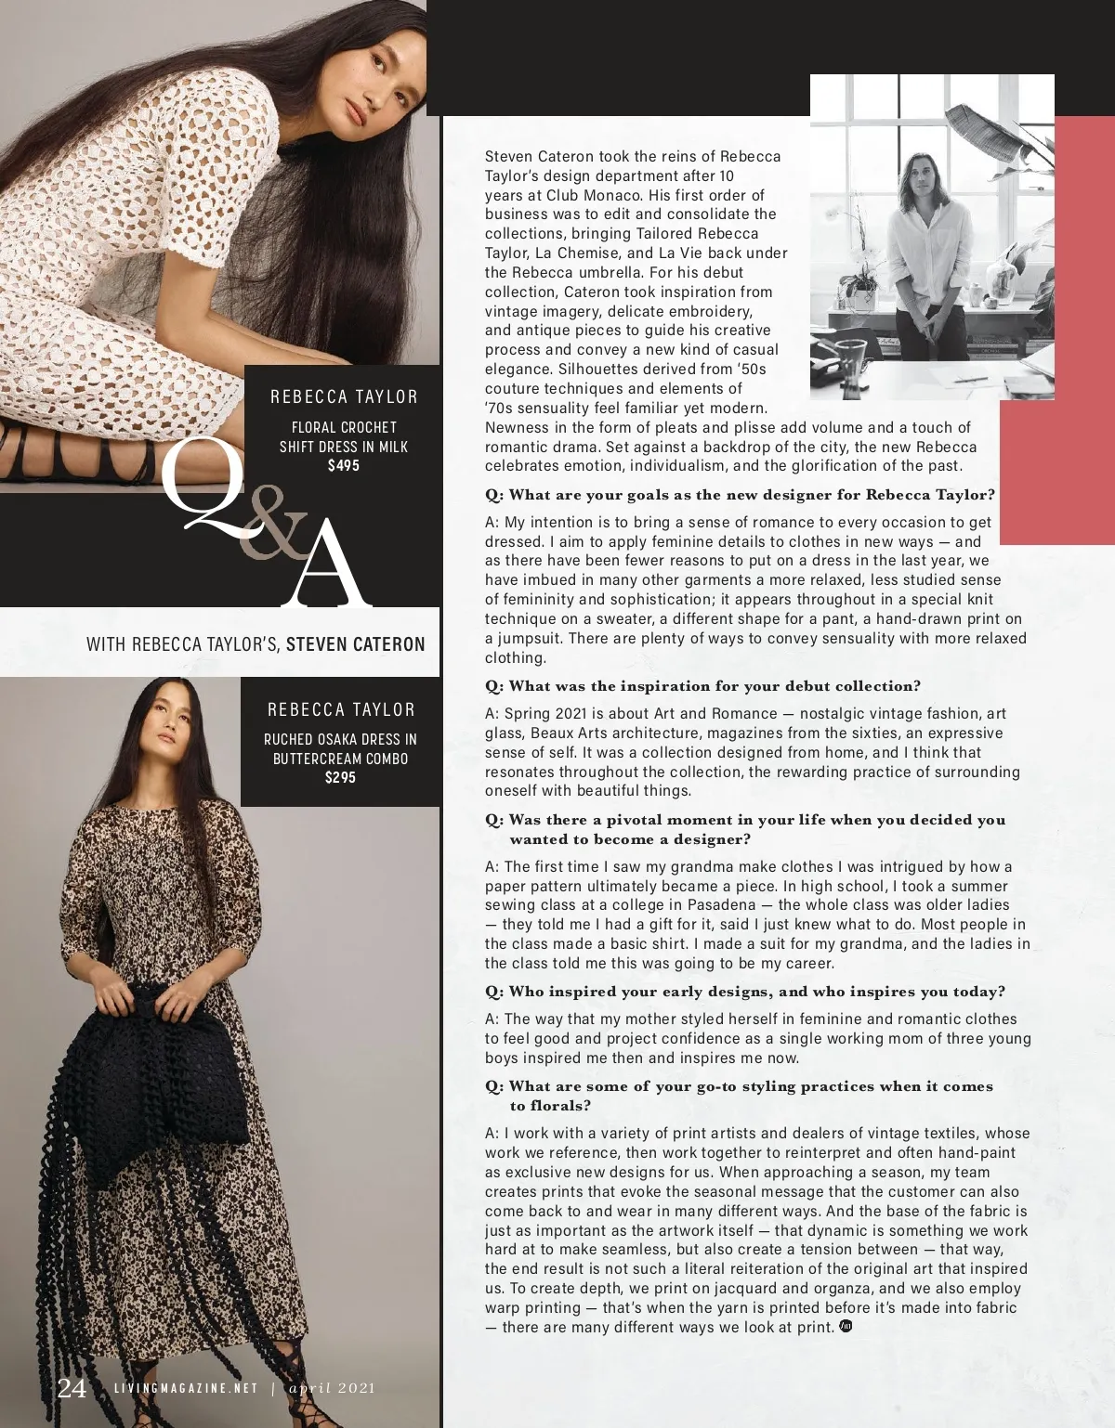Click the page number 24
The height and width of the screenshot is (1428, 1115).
72,1388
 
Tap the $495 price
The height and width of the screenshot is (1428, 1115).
343,465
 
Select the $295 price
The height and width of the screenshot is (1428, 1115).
340,777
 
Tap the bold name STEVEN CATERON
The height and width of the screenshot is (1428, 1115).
356,643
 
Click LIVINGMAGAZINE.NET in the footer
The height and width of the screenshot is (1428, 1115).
185,1389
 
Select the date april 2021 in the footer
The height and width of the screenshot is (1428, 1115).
332,1389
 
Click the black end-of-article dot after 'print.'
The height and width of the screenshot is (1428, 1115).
846,1326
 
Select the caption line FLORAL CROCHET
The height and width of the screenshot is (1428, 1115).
344,427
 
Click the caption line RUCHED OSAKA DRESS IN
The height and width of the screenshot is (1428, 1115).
340,739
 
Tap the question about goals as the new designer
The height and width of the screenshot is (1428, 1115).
740,495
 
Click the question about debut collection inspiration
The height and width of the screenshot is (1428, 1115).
702,686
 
